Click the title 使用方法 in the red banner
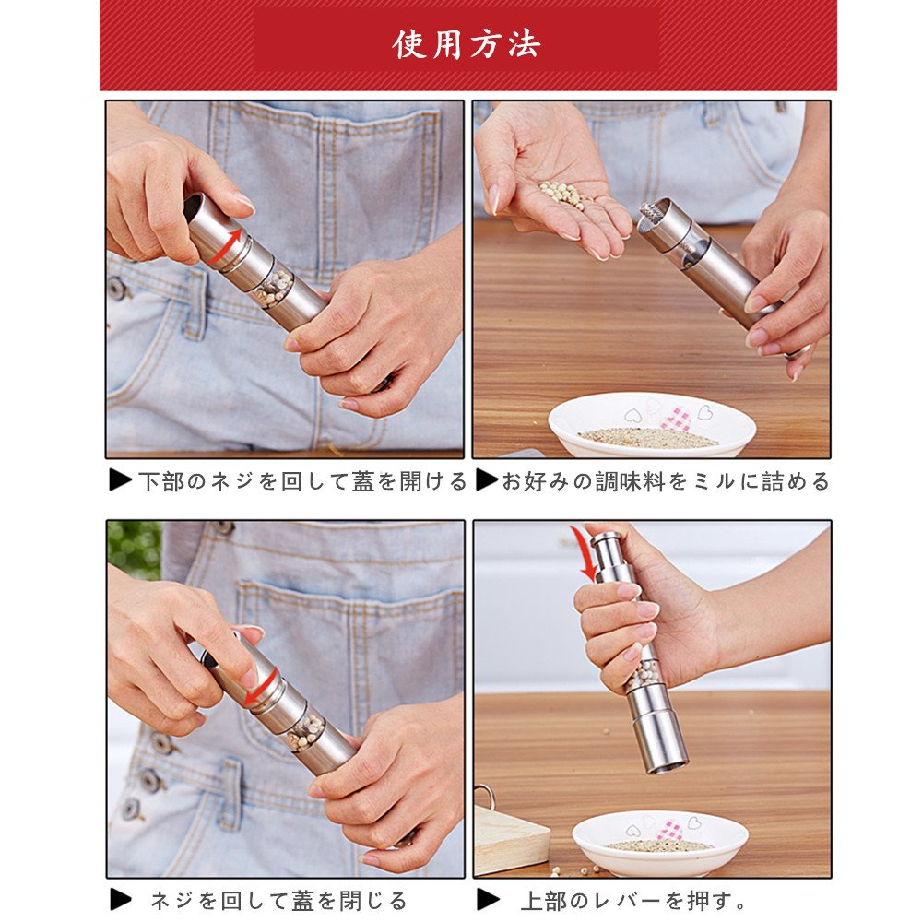(x=467, y=44)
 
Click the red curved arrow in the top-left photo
(x=224, y=246)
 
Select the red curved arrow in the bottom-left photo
(x=261, y=688)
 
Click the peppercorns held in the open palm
(x=564, y=195)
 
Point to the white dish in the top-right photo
(x=652, y=425)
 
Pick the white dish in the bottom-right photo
(x=660, y=842)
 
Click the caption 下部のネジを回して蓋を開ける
(x=302, y=481)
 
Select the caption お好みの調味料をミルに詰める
(x=665, y=481)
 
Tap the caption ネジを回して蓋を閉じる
(x=278, y=900)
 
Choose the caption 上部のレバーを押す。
(x=633, y=900)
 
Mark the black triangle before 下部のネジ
(x=121, y=479)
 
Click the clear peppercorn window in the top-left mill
(x=274, y=288)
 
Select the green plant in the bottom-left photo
(x=135, y=550)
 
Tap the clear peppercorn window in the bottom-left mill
(x=305, y=731)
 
